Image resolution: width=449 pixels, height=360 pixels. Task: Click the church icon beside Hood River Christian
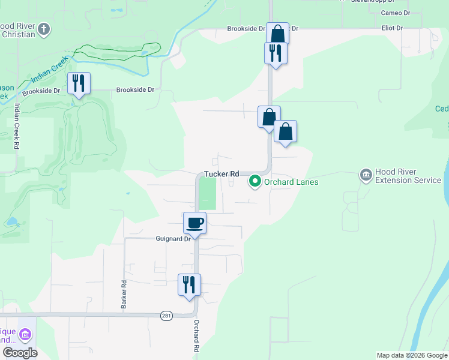tap(44, 28)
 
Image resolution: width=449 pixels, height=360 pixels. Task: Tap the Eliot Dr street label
tap(392, 28)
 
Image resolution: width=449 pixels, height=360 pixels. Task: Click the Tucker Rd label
tap(221, 173)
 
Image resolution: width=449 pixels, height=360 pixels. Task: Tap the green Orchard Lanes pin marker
tap(255, 181)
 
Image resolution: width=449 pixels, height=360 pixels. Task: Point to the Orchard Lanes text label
tap(291, 181)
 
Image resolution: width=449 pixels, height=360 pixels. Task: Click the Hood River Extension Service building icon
tap(365, 175)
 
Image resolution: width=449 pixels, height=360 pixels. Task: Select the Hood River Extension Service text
tap(408, 176)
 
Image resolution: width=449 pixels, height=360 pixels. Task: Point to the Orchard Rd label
tap(196, 335)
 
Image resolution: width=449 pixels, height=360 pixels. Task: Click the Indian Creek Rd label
tap(16, 127)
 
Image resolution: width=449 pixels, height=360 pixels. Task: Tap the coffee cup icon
tap(194, 223)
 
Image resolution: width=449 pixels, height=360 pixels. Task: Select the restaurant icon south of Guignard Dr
tap(189, 284)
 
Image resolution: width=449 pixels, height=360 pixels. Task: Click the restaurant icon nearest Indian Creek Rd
tap(78, 83)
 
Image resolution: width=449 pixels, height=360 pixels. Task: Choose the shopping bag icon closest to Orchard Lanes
tap(286, 131)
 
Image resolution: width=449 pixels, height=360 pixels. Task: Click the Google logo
tap(19, 353)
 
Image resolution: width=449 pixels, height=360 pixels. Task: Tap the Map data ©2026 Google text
tap(412, 355)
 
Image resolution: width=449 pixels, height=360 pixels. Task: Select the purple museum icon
tap(26, 334)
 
